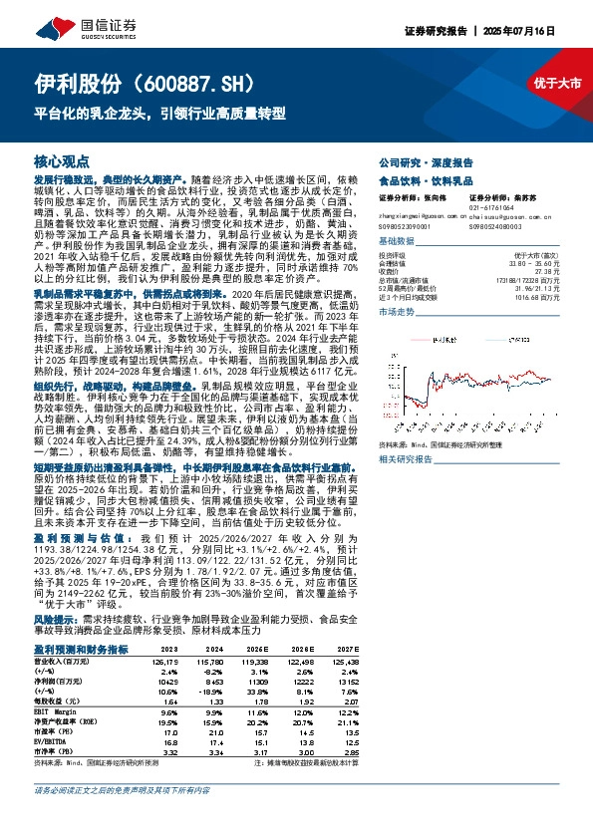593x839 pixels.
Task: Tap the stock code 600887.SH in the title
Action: (199, 83)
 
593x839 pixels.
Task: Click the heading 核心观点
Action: (62, 160)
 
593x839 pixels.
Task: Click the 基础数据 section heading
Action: (399, 242)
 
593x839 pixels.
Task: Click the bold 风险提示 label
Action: (57, 619)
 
